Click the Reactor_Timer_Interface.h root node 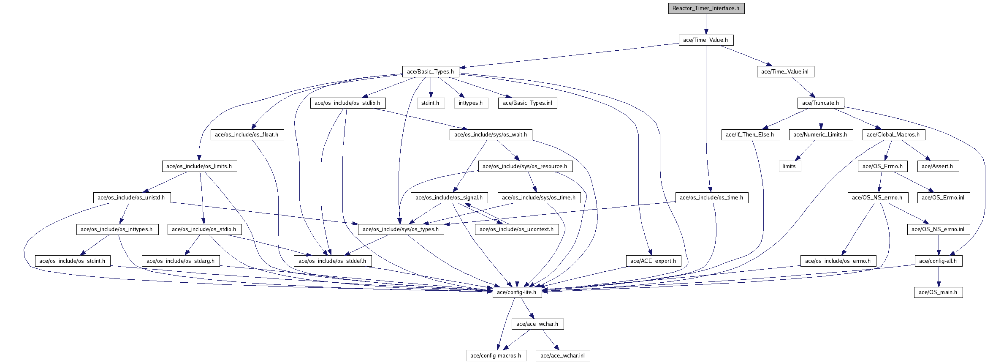pyautogui.click(x=706, y=8)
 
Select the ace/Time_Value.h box pyautogui.click(x=706, y=40)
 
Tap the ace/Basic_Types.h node pyautogui.click(x=431, y=72)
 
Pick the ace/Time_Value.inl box pyautogui.click(x=785, y=72)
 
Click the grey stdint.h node pyautogui.click(x=430, y=103)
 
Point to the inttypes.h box pyautogui.click(x=471, y=103)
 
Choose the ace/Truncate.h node pyautogui.click(x=821, y=103)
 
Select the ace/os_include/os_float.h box pyautogui.click(x=247, y=135)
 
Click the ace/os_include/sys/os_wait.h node pyautogui.click(x=491, y=135)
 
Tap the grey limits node pyautogui.click(x=790, y=166)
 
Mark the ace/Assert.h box pyautogui.click(x=937, y=166)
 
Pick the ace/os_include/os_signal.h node pyautogui.click(x=449, y=198)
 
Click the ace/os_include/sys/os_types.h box pyautogui.click(x=401, y=229)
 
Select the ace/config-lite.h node pyautogui.click(x=517, y=292)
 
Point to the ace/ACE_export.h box pyautogui.click(x=653, y=261)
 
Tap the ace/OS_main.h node pyautogui.click(x=938, y=292)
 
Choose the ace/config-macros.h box pyautogui.click(x=496, y=356)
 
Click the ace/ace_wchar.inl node pyautogui.click(x=563, y=356)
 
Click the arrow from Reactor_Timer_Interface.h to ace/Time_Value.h pyautogui.click(x=706, y=24)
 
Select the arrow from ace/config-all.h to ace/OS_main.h pyautogui.click(x=939, y=277)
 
